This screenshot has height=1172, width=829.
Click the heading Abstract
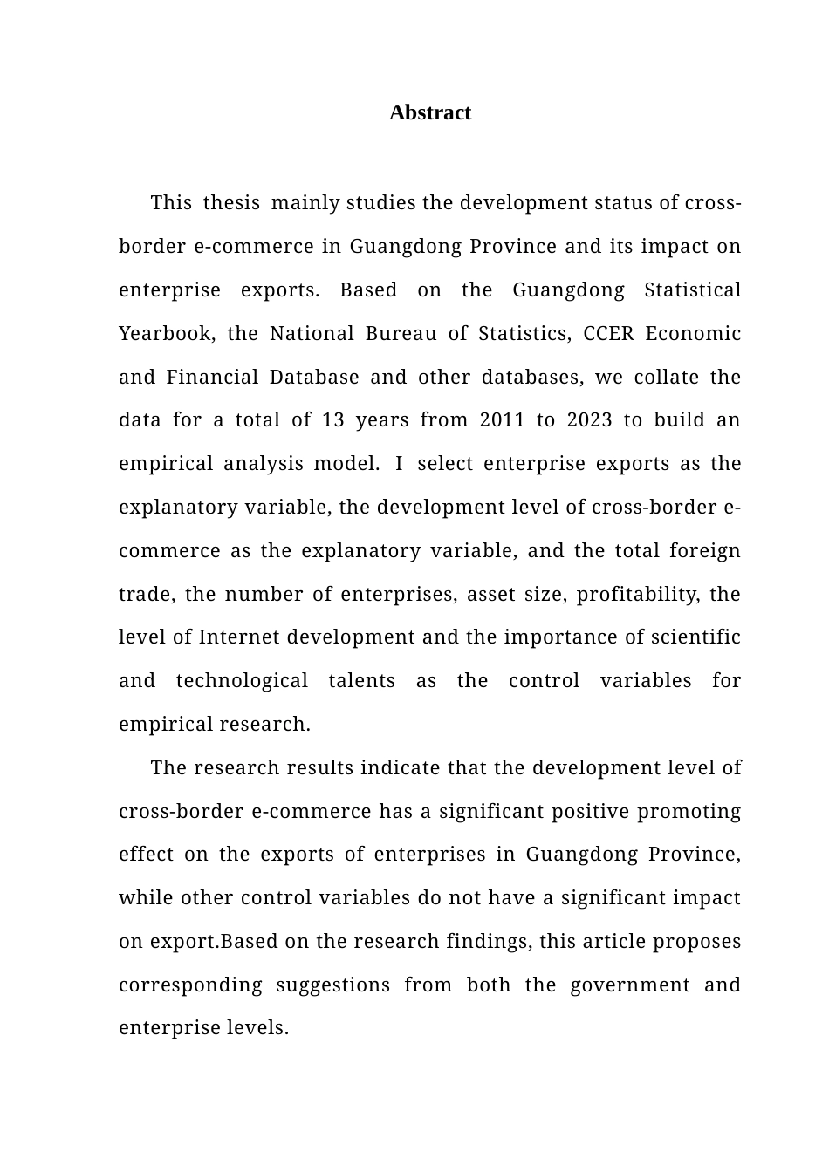click(430, 112)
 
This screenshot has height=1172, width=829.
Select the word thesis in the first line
click(231, 203)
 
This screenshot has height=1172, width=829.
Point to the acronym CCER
click(608, 334)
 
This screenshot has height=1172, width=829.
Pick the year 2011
click(502, 420)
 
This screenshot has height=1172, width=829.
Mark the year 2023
click(589, 420)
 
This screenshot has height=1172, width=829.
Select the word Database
click(313, 378)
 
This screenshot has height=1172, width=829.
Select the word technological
click(242, 681)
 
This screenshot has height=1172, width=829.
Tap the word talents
click(361, 681)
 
